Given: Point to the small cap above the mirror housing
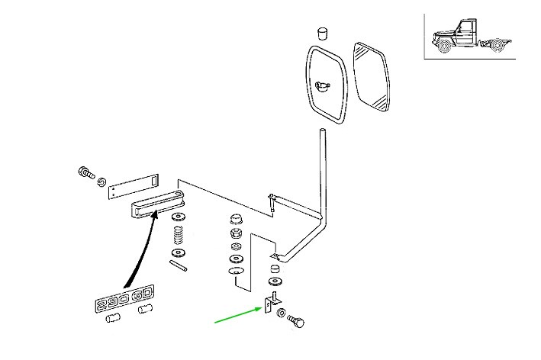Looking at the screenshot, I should point(322,33).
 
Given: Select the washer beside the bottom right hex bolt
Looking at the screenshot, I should point(283,313).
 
